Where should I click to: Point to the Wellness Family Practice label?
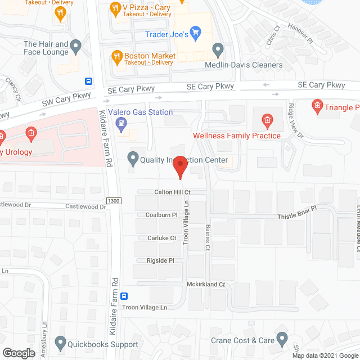coord(236,136)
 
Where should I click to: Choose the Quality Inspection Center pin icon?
coord(133,159)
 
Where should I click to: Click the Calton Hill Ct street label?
coord(173,192)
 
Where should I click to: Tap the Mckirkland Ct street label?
coord(206,285)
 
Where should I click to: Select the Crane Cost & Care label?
coord(242,340)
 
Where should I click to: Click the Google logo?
coord(19,353)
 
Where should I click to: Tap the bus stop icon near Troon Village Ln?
coord(125,296)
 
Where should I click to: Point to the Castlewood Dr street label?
coord(85,207)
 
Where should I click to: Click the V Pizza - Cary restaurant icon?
coord(115,8)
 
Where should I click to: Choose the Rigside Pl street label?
coord(160,260)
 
